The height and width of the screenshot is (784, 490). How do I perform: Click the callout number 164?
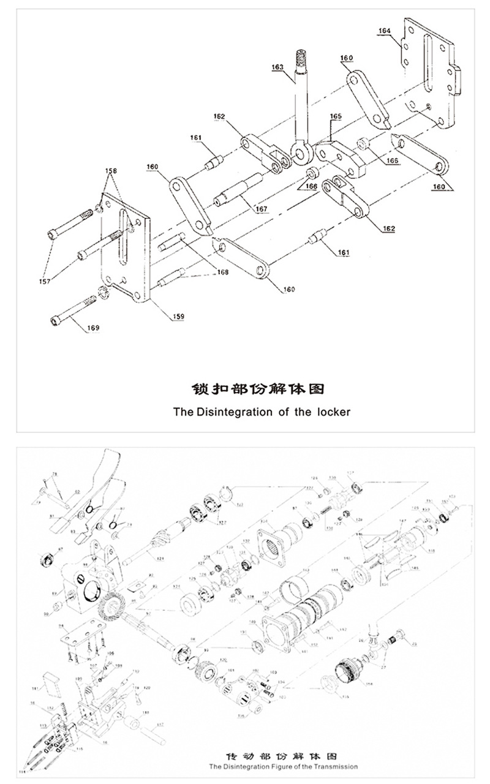(385, 30)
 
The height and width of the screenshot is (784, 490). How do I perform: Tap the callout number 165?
(336, 116)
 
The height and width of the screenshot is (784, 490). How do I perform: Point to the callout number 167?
(262, 209)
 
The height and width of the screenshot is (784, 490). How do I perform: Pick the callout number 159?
(178, 316)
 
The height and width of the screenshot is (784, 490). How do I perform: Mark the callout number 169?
(92, 328)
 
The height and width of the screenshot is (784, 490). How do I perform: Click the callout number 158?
(111, 170)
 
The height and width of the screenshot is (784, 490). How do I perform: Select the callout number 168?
(222, 272)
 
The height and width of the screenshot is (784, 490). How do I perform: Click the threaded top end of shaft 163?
(302, 59)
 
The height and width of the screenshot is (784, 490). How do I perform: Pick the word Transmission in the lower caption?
(336, 767)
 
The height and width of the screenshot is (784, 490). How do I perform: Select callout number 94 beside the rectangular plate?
(62, 626)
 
